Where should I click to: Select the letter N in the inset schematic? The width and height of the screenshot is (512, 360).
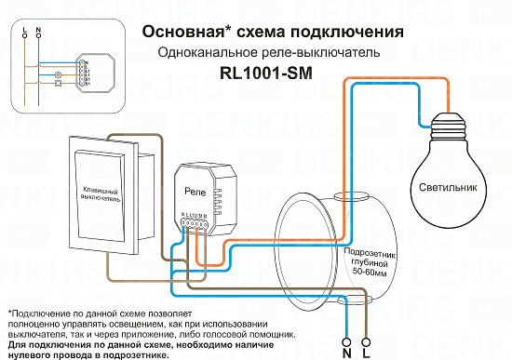(37, 31)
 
